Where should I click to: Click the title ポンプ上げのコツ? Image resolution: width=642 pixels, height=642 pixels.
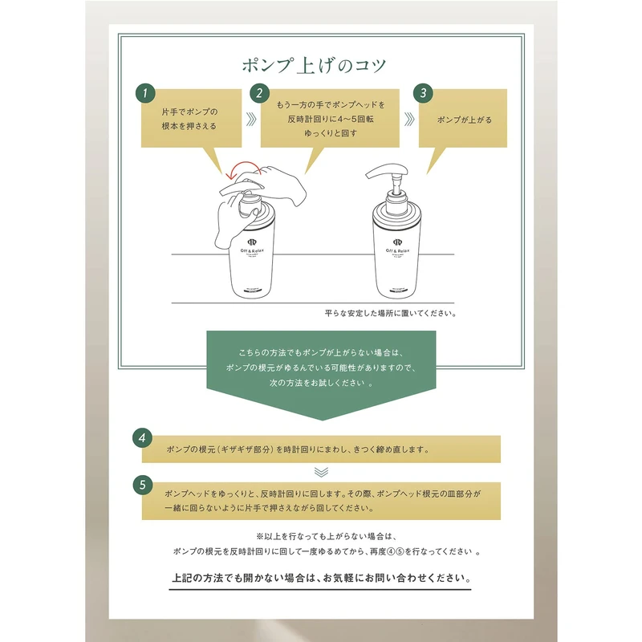click(314, 66)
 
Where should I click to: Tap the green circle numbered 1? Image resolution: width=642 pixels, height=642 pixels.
click(145, 93)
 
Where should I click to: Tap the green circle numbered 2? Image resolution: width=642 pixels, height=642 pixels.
click(259, 93)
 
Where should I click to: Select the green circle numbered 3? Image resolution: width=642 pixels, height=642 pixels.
click(424, 93)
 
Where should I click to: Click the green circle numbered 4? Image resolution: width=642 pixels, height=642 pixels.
click(143, 437)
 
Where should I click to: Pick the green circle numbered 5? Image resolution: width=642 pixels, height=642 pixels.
click(143, 485)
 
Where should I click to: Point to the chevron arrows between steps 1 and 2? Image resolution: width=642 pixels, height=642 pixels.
click(251, 119)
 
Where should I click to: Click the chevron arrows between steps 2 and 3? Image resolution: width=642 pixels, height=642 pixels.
click(409, 119)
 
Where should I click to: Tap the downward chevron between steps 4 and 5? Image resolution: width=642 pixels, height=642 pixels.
click(322, 472)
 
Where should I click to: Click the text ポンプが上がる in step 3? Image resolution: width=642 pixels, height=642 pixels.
click(465, 120)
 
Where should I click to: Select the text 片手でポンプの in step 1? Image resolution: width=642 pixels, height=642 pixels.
click(189, 112)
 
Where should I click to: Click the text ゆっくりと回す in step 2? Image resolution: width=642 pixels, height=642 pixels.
click(331, 133)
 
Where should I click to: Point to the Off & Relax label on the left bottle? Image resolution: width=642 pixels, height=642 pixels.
click(252, 250)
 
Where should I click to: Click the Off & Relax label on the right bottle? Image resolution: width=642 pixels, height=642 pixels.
click(397, 250)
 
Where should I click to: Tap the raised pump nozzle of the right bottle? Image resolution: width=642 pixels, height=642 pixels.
click(387, 170)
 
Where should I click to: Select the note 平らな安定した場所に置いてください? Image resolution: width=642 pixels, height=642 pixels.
click(391, 313)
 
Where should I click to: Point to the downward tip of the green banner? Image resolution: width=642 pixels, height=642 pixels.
click(322, 420)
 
